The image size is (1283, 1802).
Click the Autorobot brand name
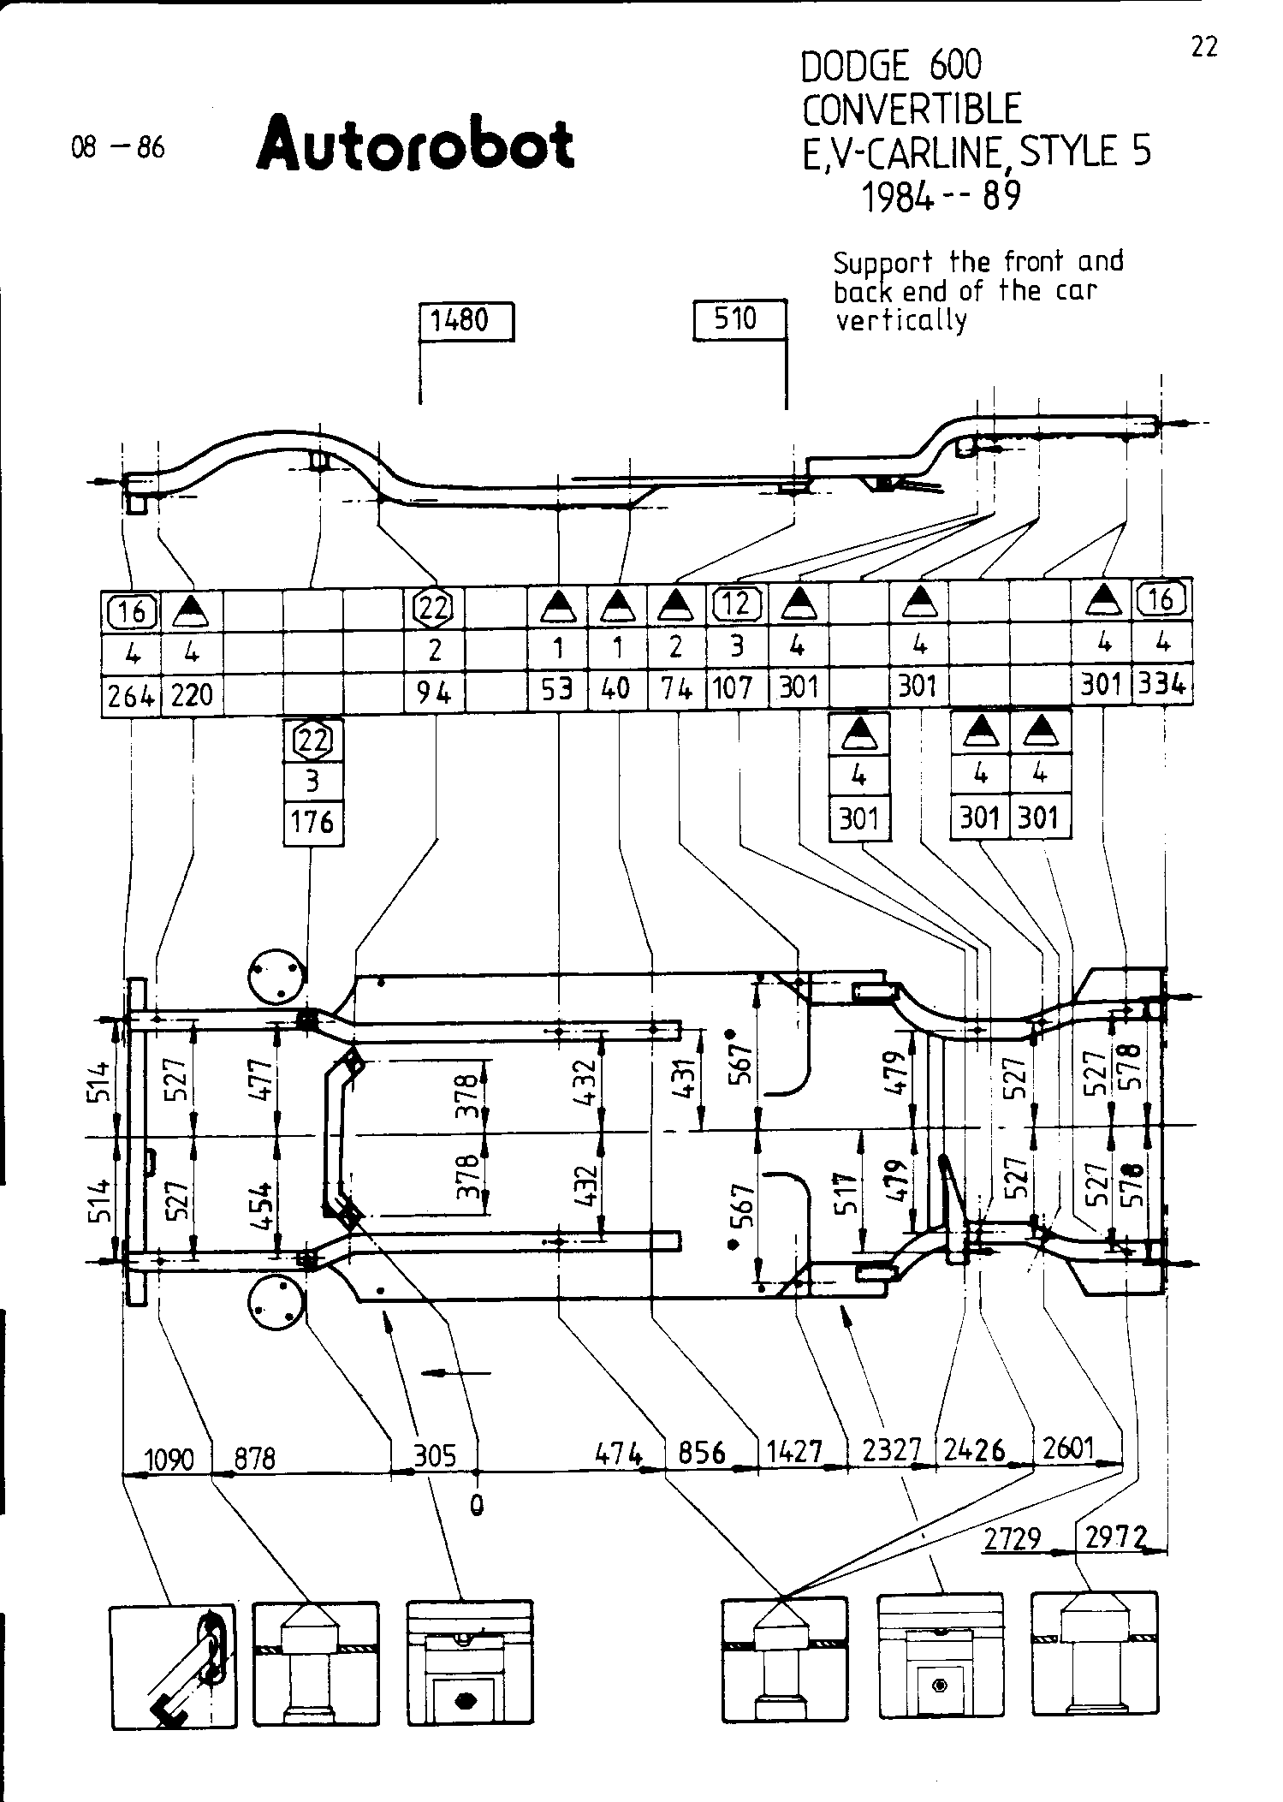415,144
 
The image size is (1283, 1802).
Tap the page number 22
1203,47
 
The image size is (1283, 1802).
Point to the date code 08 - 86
118,148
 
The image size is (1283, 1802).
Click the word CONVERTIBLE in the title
912,110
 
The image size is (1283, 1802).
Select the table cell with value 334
1162,686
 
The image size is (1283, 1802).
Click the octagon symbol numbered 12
737,605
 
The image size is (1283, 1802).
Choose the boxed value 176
312,824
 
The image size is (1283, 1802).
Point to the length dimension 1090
170,1458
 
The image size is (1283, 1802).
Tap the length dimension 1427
794,1452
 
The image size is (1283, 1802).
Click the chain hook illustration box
173,1667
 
